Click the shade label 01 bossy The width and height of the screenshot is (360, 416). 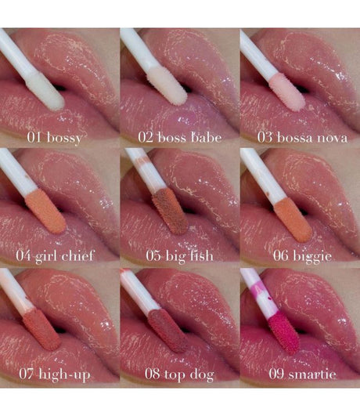pyautogui.click(x=54, y=138)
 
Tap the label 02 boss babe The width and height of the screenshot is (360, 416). pyautogui.click(x=180, y=138)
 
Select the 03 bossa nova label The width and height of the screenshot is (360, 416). pyautogui.click(x=302, y=138)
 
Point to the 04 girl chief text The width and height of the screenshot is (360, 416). pyautogui.click(x=55, y=256)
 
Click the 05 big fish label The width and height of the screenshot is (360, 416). pyautogui.click(x=179, y=256)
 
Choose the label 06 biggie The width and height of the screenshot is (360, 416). pyautogui.click(x=302, y=256)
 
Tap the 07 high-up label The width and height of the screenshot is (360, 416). pyautogui.click(x=55, y=374)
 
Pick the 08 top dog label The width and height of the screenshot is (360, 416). pyautogui.click(x=179, y=374)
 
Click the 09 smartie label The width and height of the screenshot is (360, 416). pyautogui.click(x=302, y=374)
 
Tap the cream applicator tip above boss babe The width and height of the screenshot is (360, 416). pyautogui.click(x=167, y=85)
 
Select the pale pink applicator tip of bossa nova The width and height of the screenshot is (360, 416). pyautogui.click(x=287, y=92)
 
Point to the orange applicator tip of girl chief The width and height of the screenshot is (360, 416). pyautogui.click(x=45, y=212)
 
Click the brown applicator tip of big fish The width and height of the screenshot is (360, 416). pyautogui.click(x=171, y=211)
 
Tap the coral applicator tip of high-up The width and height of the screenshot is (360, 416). pyautogui.click(x=42, y=329)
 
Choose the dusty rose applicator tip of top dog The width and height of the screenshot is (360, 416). pyautogui.click(x=167, y=331)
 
